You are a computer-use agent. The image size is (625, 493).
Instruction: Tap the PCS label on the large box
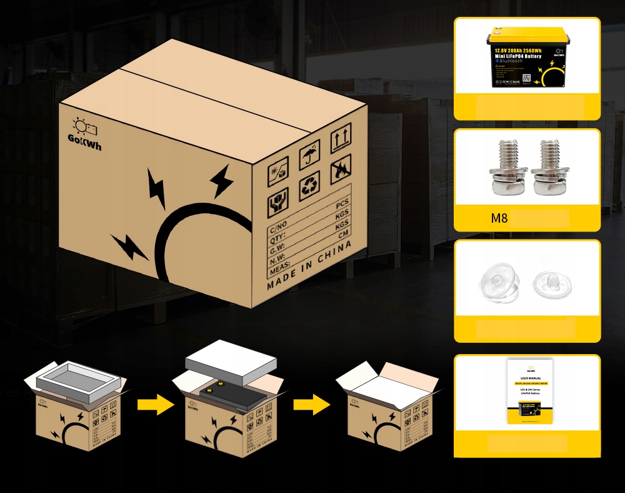pyautogui.click(x=342, y=205)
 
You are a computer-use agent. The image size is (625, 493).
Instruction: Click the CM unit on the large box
pyautogui.click(x=343, y=235)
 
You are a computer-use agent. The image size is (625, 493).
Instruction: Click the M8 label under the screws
pyautogui.click(x=499, y=219)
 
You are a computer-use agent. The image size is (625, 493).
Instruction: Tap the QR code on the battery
pyautogui.click(x=526, y=79)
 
